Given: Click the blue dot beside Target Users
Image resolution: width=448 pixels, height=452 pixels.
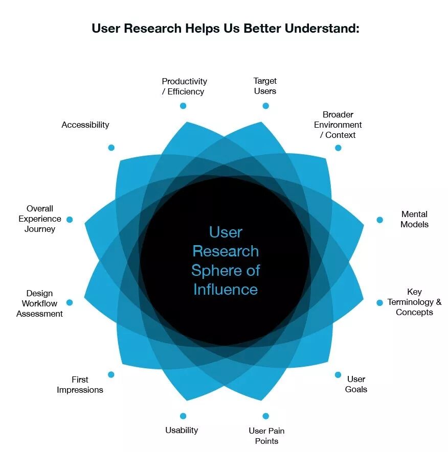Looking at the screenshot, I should (x=265, y=106).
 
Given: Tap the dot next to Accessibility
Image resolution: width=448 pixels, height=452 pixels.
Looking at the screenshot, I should (x=111, y=148).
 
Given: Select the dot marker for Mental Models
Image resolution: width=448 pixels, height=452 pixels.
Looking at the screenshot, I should (x=379, y=220).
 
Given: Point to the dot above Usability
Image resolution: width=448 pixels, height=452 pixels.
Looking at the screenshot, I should (x=183, y=416).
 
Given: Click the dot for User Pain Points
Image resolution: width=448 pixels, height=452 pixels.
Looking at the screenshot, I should (x=265, y=416).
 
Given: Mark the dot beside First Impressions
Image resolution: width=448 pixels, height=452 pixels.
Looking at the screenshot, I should (x=111, y=374).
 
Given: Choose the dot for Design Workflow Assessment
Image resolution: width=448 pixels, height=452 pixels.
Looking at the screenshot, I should (x=70, y=302).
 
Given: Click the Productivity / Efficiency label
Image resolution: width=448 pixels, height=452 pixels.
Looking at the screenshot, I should (x=184, y=86).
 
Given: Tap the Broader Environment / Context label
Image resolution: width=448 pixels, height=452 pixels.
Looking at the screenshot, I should (x=338, y=125).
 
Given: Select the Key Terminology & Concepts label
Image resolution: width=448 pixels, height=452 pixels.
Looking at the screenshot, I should (x=414, y=302).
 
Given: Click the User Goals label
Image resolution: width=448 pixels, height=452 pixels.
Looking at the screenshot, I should (x=356, y=384).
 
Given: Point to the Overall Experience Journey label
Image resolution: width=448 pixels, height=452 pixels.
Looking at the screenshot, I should (x=40, y=219).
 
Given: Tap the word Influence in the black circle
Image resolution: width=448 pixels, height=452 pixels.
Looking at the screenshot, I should (x=226, y=290).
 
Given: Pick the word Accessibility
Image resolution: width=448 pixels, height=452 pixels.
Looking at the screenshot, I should (x=85, y=125).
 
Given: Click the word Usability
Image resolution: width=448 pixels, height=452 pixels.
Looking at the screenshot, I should (x=182, y=430).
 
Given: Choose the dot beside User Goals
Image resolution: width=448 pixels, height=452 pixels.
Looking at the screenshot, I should (x=338, y=374).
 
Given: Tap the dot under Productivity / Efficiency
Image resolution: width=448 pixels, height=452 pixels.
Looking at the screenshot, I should (x=183, y=106).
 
